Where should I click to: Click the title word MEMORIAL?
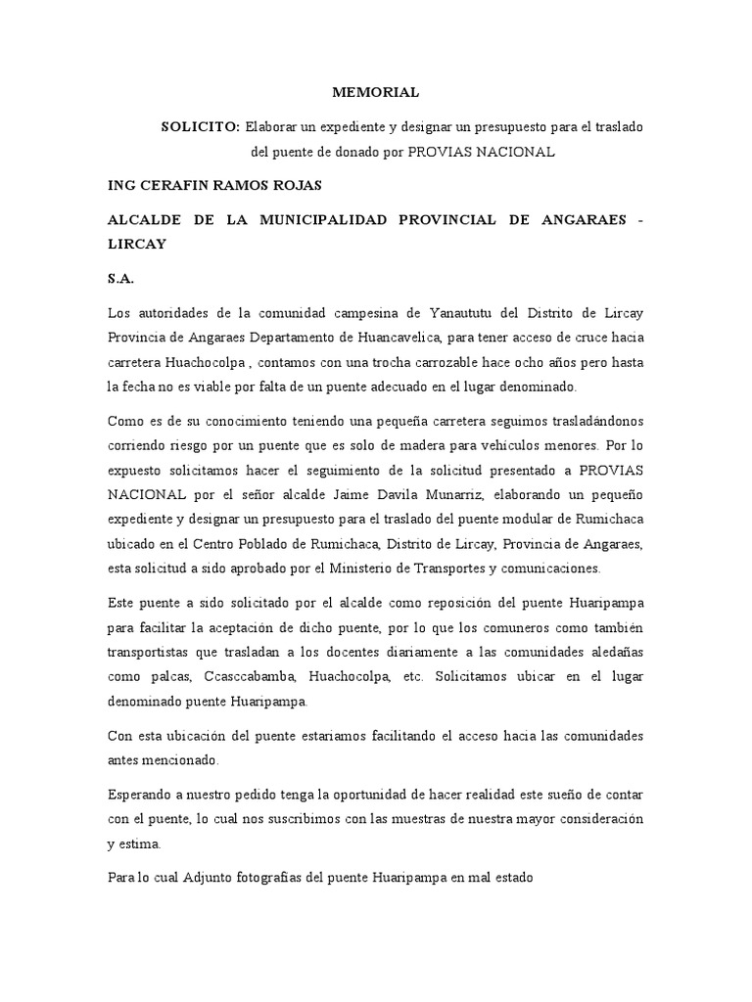(376, 92)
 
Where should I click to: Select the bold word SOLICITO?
(201, 127)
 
